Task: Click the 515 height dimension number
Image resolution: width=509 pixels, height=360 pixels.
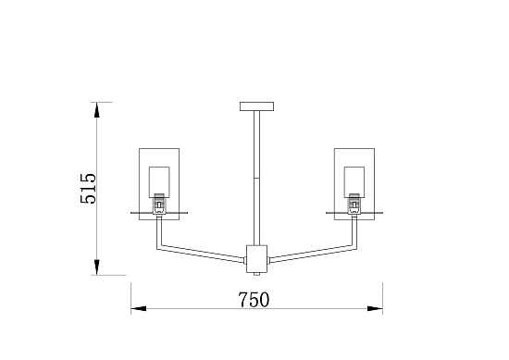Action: pos(88,188)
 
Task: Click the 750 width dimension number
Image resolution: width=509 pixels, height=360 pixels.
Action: pos(254,300)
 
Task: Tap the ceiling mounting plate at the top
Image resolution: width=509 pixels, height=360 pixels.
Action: pos(256,106)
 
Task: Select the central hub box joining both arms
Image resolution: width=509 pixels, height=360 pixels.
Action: pos(256,259)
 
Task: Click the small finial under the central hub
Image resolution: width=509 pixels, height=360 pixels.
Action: pos(256,274)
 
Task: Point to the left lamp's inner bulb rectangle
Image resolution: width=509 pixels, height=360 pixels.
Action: pos(159,182)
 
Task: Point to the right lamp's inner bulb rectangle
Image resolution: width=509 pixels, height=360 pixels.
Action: pos(354,182)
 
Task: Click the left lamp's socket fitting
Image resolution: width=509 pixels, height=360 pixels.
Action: pos(159,204)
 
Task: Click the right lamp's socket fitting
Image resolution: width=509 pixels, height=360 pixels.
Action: pos(354,204)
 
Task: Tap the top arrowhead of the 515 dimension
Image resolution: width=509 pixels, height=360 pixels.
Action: pos(96,109)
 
